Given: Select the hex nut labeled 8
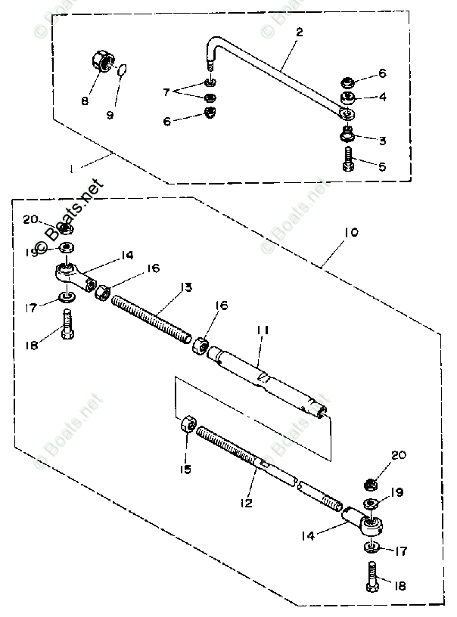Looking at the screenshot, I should click(x=101, y=60).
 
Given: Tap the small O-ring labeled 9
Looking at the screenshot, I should click(x=123, y=71).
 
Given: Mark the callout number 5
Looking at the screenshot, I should click(x=382, y=166).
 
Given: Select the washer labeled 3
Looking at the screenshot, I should click(x=349, y=135).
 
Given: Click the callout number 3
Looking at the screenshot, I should click(x=382, y=141).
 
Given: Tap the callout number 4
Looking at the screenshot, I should click(x=382, y=97).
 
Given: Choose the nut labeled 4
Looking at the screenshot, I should click(x=348, y=98).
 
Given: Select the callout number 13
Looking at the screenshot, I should click(x=185, y=287).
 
